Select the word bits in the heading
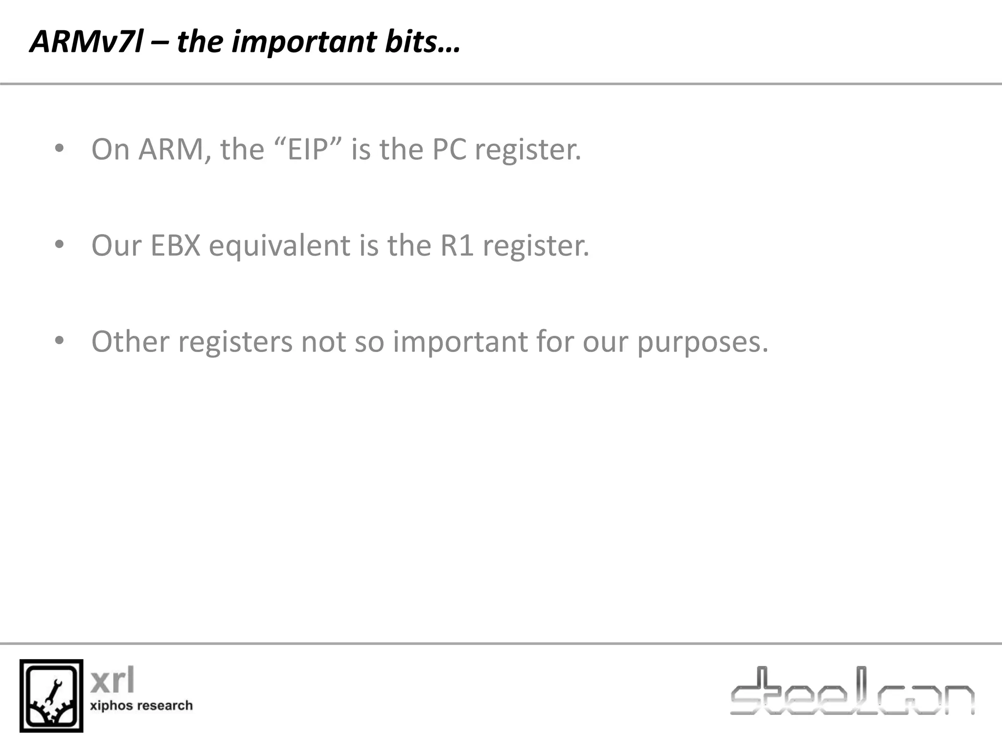click(410, 42)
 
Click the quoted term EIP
click(307, 149)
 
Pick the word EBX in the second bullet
click(175, 245)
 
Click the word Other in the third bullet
click(130, 341)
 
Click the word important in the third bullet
click(460, 341)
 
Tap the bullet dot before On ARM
click(59, 148)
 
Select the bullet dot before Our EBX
click(59, 244)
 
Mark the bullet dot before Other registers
click(59, 340)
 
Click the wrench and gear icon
click(51, 696)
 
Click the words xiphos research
click(141, 706)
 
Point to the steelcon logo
click(852, 691)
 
